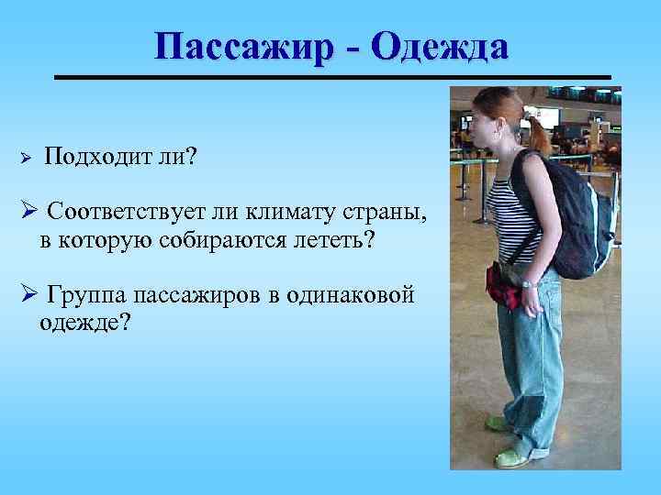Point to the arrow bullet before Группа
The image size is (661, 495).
pos(28,295)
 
